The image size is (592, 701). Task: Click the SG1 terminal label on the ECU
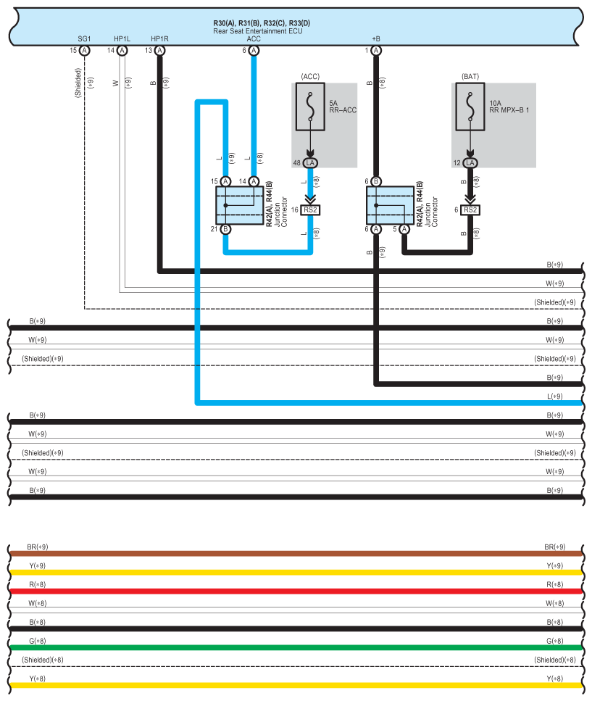click(x=84, y=39)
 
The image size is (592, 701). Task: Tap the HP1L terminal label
click(x=122, y=39)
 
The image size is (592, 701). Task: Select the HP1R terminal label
click(x=159, y=39)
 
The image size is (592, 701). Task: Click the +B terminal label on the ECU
click(x=376, y=39)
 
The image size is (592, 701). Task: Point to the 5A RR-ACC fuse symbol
click(x=310, y=107)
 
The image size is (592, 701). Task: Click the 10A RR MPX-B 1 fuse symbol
click(x=470, y=107)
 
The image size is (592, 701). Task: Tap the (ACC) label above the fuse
click(x=310, y=76)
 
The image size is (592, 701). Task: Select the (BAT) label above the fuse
click(x=470, y=76)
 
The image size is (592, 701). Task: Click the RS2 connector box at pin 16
click(x=310, y=210)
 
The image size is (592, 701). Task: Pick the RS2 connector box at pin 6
click(x=470, y=210)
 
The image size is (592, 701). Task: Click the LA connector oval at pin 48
click(x=310, y=162)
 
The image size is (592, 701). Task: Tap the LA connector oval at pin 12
click(x=470, y=162)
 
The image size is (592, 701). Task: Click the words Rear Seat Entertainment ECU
click(x=258, y=31)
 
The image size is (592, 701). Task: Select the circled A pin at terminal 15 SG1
click(x=85, y=51)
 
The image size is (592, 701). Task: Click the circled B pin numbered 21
click(x=225, y=229)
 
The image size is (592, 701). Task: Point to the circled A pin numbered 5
click(x=404, y=229)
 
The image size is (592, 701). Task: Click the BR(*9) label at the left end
click(x=38, y=547)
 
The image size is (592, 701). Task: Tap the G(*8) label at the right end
click(x=555, y=641)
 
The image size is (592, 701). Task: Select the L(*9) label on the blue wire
click(x=555, y=396)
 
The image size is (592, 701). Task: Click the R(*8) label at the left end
click(x=38, y=584)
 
